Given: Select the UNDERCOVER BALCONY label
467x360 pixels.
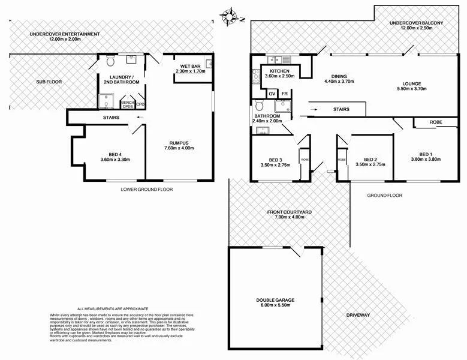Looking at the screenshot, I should coord(416,23).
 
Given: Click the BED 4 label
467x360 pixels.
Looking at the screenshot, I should coord(115,153).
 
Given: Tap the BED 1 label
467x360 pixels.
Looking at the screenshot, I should coord(426,153).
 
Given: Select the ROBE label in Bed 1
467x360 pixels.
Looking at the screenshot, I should coord(436,122).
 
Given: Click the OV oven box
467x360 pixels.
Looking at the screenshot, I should coord(272,94).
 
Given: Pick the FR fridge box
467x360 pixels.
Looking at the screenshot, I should coord(284,94).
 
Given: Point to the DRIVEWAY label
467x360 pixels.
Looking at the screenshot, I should coord(358,315).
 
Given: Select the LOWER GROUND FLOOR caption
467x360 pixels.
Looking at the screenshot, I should coord(146,189).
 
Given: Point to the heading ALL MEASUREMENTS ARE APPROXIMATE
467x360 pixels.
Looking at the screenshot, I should coord(113,308).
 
